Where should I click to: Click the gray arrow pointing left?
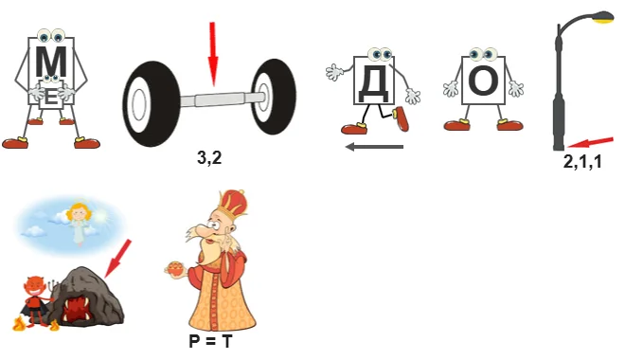point(374,147)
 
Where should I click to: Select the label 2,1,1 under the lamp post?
point(582,162)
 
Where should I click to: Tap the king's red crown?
point(231,204)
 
